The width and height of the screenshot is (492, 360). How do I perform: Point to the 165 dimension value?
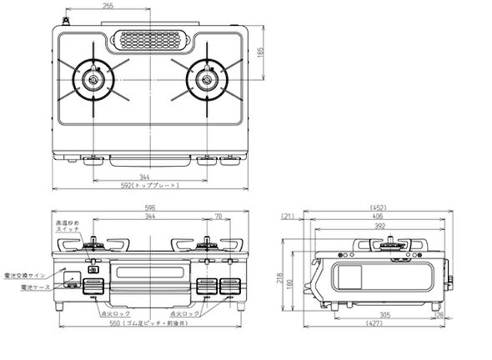[262, 51]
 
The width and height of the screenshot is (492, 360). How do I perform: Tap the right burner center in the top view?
[204, 79]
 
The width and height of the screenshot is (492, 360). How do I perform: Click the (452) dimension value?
[379, 209]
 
